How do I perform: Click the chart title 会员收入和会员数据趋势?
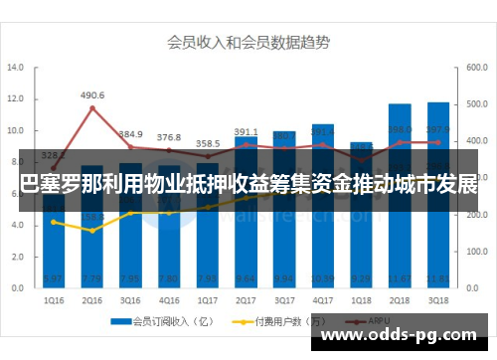248,43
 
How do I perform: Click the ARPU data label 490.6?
92,95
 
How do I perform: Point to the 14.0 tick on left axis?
15,69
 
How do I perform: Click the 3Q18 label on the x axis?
437,297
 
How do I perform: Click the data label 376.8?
169,137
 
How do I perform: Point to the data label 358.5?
207,143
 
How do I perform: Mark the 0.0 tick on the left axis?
15,287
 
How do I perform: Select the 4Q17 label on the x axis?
324,297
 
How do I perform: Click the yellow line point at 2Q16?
93,231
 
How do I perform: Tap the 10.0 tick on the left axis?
15,131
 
